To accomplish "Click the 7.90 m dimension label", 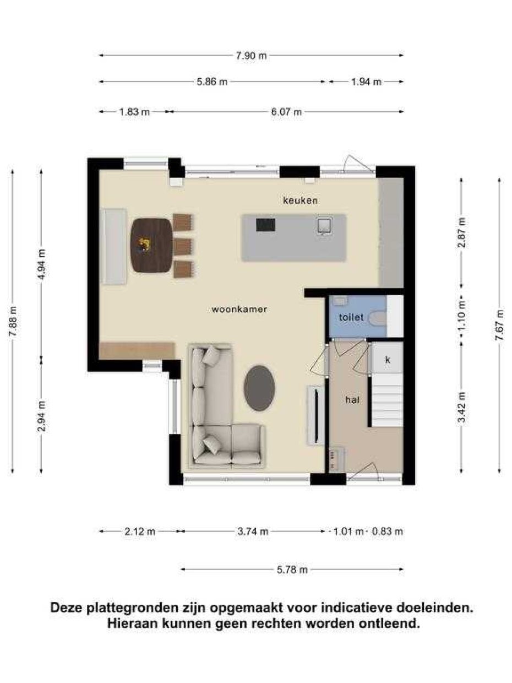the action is tap(251, 56).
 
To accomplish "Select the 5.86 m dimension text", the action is tap(212, 82).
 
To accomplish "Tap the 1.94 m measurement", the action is tap(366, 82).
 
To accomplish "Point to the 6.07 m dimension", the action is tap(286, 112).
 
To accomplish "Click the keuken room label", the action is tap(300, 200).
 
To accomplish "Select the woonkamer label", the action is tap(239, 310).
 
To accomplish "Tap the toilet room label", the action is tap(351, 317).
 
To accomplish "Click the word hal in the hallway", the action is tap(352, 399).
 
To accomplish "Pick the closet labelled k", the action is tap(388, 360).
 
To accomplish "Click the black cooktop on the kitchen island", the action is tap(265, 225).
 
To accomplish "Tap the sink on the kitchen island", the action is tap(324, 226).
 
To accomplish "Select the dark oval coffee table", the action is tap(259, 388).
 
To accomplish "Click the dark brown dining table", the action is tap(152, 246).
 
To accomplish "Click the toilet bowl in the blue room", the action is tap(377, 318).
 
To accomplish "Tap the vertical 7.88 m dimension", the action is tap(13, 321).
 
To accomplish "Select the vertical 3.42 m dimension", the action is tap(462, 407).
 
